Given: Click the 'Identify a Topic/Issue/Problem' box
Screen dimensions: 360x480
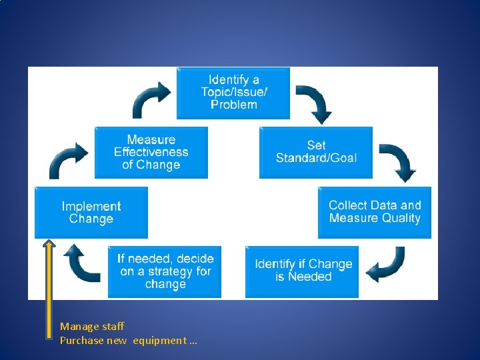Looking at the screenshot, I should pos(233,93).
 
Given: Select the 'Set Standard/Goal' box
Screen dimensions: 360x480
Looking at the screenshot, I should pos(316,152).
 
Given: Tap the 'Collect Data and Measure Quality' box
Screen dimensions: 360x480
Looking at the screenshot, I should pos(374,212).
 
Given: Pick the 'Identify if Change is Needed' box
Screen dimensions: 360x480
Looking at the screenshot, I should pos(302,271).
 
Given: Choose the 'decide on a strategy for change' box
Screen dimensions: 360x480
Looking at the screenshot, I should pos(165,271).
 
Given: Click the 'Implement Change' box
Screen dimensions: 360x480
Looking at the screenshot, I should pos(91,213).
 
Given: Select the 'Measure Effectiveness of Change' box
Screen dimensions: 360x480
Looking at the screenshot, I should pos(151,153).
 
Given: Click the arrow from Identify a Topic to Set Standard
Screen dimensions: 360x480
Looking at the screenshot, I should pos(314,102).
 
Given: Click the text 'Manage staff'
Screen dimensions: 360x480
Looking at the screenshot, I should pos(92,326).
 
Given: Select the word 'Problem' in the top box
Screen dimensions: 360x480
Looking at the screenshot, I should pos(233,105).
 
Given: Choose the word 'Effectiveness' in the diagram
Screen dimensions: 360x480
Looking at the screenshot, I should pos(151,152).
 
